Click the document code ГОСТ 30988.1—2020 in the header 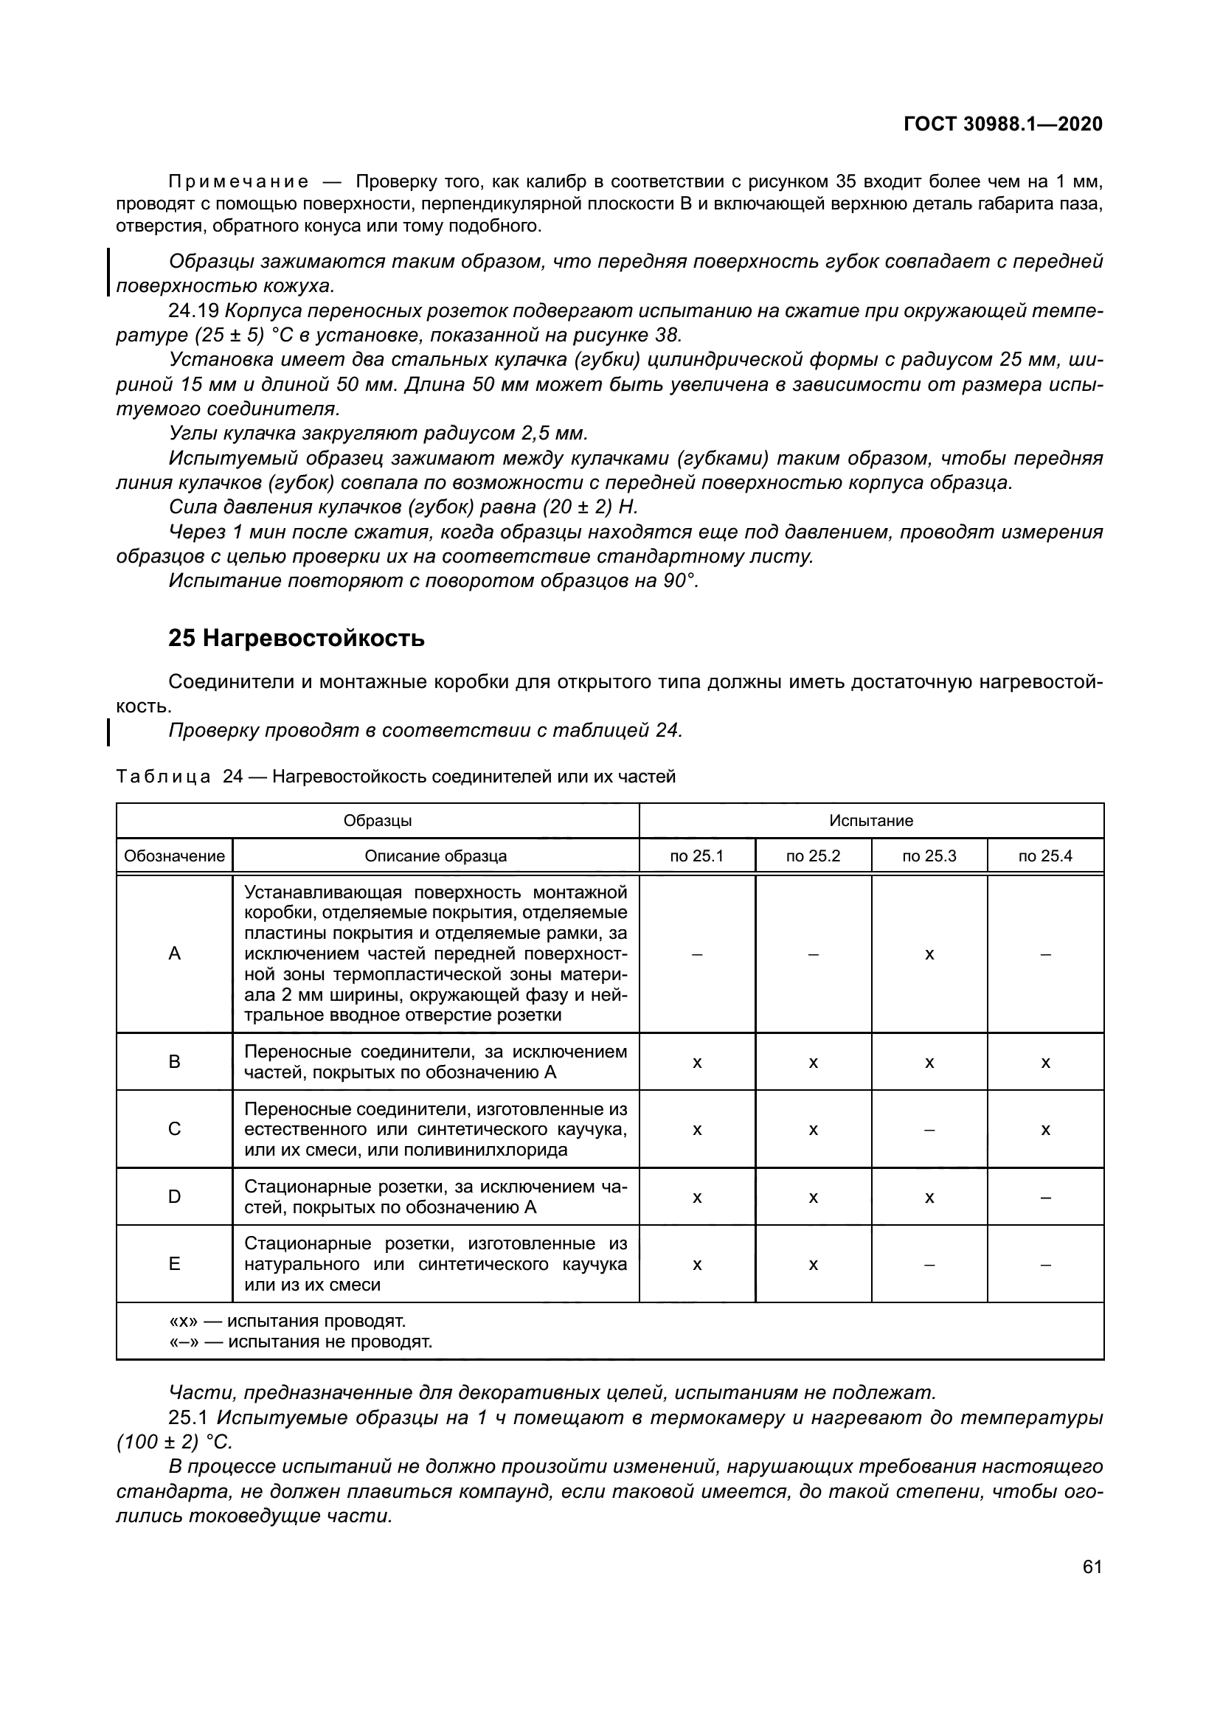(1003, 124)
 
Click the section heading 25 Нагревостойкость (296, 638)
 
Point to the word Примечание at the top (238, 181)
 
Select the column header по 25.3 (929, 855)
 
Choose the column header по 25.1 (696, 855)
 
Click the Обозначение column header (174, 855)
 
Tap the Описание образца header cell (436, 855)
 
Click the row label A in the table (174, 954)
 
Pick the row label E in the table (174, 1264)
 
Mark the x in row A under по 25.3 (929, 954)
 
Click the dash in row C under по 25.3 (929, 1129)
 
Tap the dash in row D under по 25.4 (1045, 1197)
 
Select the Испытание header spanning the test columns (870, 820)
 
